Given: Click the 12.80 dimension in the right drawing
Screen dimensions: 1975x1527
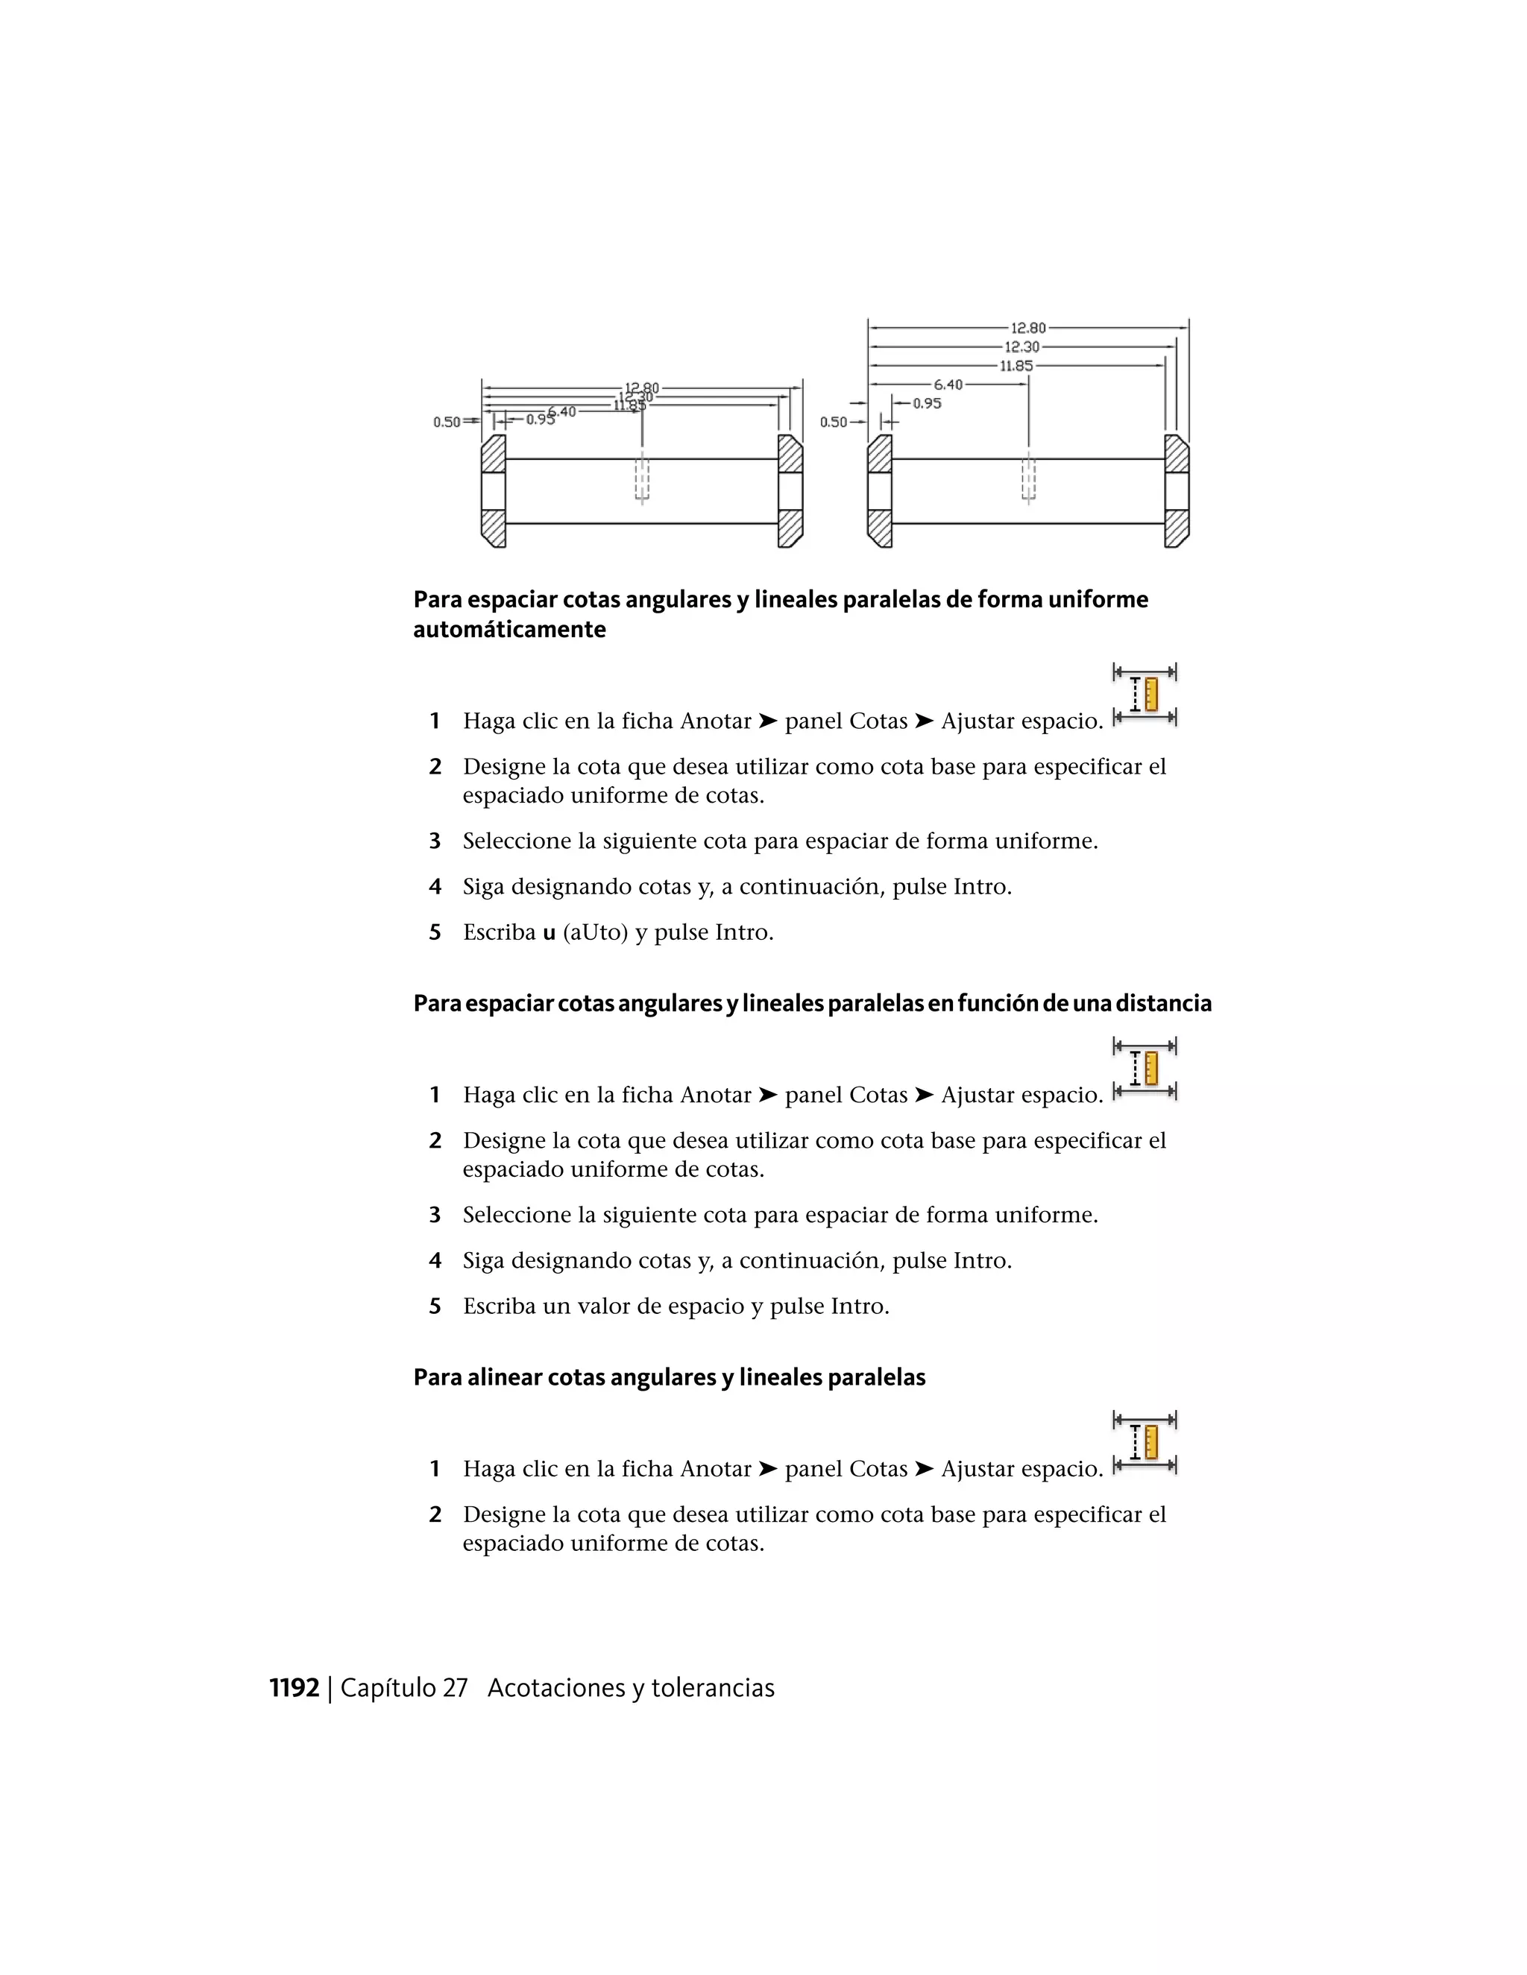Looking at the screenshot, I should pos(1027,328).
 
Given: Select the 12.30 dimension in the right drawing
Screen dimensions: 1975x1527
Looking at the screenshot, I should pos(1021,347).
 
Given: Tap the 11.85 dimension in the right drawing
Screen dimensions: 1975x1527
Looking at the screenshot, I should pos(1016,366).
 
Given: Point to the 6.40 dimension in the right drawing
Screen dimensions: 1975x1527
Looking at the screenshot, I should pos(948,385).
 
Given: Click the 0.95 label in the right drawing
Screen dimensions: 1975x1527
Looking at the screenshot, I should pos(928,403).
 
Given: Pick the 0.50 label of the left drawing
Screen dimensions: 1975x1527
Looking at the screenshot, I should pos(446,423).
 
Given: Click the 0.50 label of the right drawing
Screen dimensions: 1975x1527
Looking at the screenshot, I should pos(833,423).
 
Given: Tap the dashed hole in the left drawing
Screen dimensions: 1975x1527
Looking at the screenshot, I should pos(642,479).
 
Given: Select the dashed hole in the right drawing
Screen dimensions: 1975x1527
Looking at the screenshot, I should pos(1028,479).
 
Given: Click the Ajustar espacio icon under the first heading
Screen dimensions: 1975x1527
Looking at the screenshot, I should pos(1145,695).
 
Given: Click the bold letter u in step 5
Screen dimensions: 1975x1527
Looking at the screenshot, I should pos(548,932).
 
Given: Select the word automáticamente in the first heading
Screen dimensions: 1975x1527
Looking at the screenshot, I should pos(509,630).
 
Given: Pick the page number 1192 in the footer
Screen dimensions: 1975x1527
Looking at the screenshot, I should pos(295,1688).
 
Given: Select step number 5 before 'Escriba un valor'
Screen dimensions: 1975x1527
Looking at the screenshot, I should pos(435,1306).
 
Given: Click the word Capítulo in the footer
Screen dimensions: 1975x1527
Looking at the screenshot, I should pos(388,1688).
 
